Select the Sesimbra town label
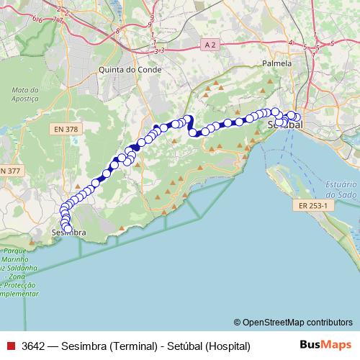69,233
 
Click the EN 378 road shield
68,129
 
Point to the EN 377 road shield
9,170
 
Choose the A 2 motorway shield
210,45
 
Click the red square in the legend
9,346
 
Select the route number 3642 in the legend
35,346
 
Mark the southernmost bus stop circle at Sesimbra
68,229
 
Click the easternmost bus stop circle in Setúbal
297,117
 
